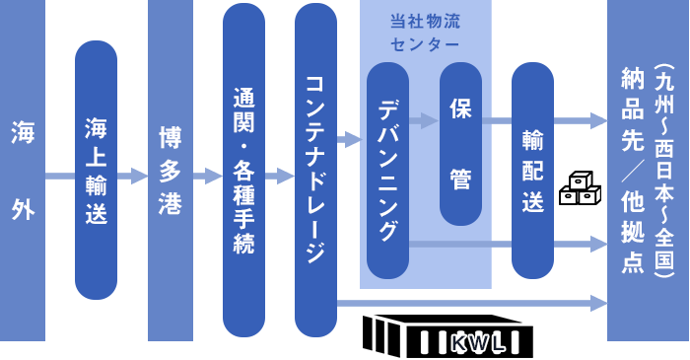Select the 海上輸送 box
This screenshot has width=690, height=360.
pos(96,170)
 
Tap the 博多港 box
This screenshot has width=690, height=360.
pos(170,171)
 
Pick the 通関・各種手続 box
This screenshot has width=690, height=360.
pos(243,170)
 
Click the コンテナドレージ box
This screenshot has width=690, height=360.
pos(315,170)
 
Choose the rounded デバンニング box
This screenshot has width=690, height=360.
pos(387,170)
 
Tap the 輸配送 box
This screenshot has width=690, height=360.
pos(532,170)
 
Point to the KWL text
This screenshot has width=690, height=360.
pos(477,344)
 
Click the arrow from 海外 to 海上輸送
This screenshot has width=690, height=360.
pos(59,177)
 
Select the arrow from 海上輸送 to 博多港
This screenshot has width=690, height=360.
pos(132,177)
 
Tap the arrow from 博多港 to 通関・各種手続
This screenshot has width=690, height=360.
pos(207,177)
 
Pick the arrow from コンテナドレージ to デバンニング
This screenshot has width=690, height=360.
pos(350,140)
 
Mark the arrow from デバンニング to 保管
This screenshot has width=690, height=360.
pos(424,121)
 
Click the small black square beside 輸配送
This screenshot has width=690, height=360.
pos(580,187)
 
